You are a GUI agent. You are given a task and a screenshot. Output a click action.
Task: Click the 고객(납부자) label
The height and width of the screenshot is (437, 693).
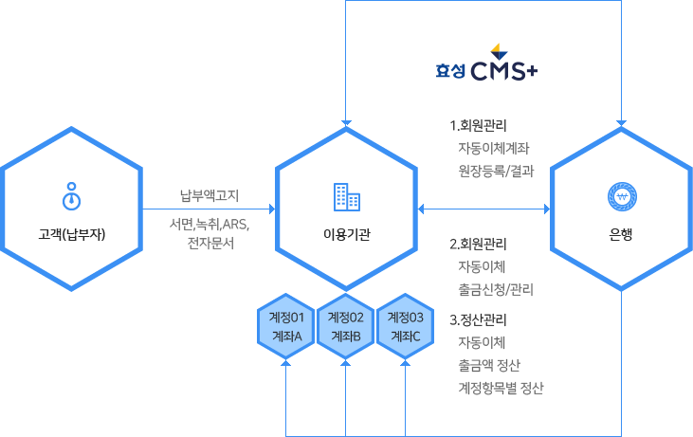click(71, 232)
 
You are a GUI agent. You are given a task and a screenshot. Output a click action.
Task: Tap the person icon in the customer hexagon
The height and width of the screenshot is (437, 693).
click(71, 195)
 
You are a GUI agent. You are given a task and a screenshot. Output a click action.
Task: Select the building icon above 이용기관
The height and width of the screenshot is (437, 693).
click(346, 196)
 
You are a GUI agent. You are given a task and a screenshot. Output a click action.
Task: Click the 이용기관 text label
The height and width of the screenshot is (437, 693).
click(346, 233)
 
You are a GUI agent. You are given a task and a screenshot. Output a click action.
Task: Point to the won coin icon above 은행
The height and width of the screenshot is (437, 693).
click(622, 196)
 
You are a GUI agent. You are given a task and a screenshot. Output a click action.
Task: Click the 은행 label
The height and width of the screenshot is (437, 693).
click(622, 233)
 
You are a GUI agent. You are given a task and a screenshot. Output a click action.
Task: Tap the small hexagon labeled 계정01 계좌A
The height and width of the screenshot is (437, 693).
click(285, 326)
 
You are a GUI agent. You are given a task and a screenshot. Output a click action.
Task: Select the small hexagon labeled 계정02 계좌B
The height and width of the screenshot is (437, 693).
click(346, 326)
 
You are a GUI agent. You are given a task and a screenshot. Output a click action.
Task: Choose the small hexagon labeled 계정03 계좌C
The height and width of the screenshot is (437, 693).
click(406, 326)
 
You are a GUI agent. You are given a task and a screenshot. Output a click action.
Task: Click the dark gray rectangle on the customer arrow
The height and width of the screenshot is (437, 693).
click(210, 219)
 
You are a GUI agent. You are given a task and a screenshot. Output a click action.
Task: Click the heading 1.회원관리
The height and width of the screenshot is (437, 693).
click(478, 126)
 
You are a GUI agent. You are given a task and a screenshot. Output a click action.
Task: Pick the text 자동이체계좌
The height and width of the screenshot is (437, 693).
click(493, 149)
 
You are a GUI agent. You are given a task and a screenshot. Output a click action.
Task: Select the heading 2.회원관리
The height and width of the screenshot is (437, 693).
click(478, 244)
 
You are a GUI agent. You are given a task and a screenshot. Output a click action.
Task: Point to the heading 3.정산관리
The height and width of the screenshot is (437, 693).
click(478, 320)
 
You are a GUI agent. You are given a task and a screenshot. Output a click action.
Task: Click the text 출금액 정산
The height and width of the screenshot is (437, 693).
click(488, 365)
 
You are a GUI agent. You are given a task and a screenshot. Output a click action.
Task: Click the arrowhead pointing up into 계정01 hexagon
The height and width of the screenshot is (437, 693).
click(285, 365)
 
